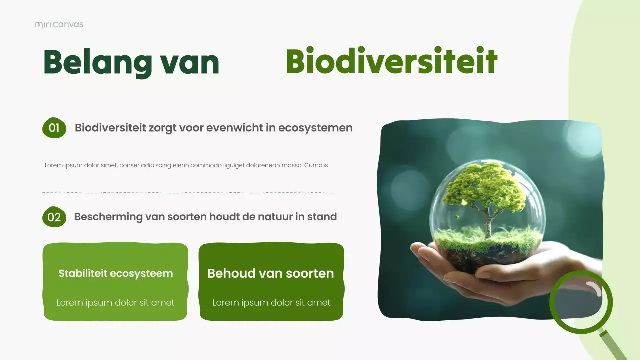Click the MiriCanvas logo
tap(59, 25)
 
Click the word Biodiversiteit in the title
tap(391, 62)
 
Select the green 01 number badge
tap(54, 128)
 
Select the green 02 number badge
tap(54, 217)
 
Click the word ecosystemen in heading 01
tap(315, 128)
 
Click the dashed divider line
tap(188, 192)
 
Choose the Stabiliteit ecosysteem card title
tap(115, 274)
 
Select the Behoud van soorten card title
tap(270, 274)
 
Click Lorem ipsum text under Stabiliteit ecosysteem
tap(115, 303)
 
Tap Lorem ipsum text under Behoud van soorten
tap(271, 303)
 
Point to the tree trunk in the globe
tap(488, 225)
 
